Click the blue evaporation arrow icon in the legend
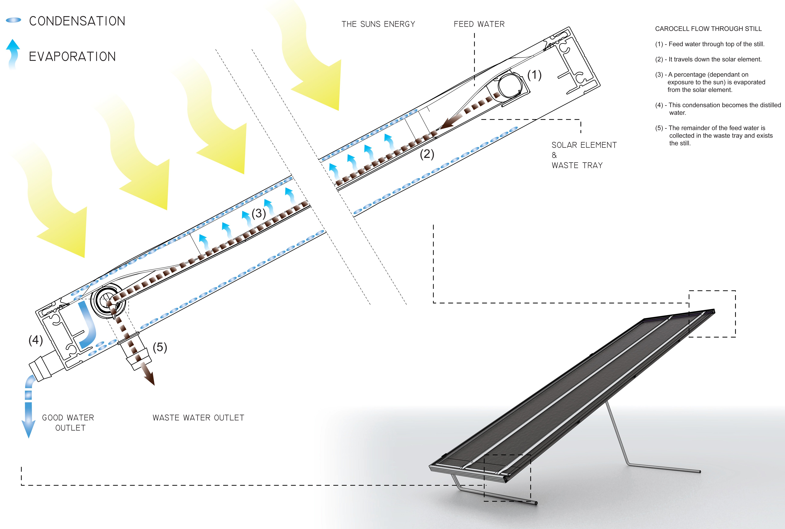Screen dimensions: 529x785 click(x=13, y=53)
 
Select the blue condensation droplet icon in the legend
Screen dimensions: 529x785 click(x=13, y=21)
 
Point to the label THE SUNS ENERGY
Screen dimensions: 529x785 click(x=378, y=24)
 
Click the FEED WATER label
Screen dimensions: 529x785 click(x=479, y=24)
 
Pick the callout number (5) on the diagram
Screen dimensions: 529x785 click(x=160, y=348)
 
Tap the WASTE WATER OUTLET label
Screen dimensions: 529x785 click(x=198, y=418)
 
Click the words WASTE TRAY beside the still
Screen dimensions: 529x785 click(x=577, y=165)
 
